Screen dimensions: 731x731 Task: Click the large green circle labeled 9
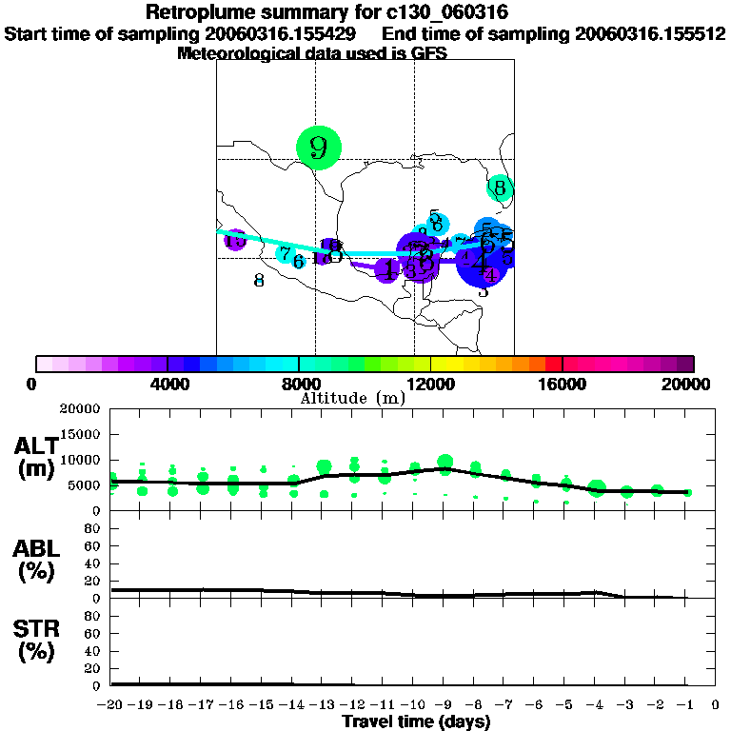[318, 148]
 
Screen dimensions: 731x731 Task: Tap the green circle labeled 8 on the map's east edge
[500, 188]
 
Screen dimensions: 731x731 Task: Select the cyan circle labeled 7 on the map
[285, 253]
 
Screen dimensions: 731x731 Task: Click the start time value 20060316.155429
[285, 33]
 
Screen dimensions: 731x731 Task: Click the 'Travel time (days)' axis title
[416, 721]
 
